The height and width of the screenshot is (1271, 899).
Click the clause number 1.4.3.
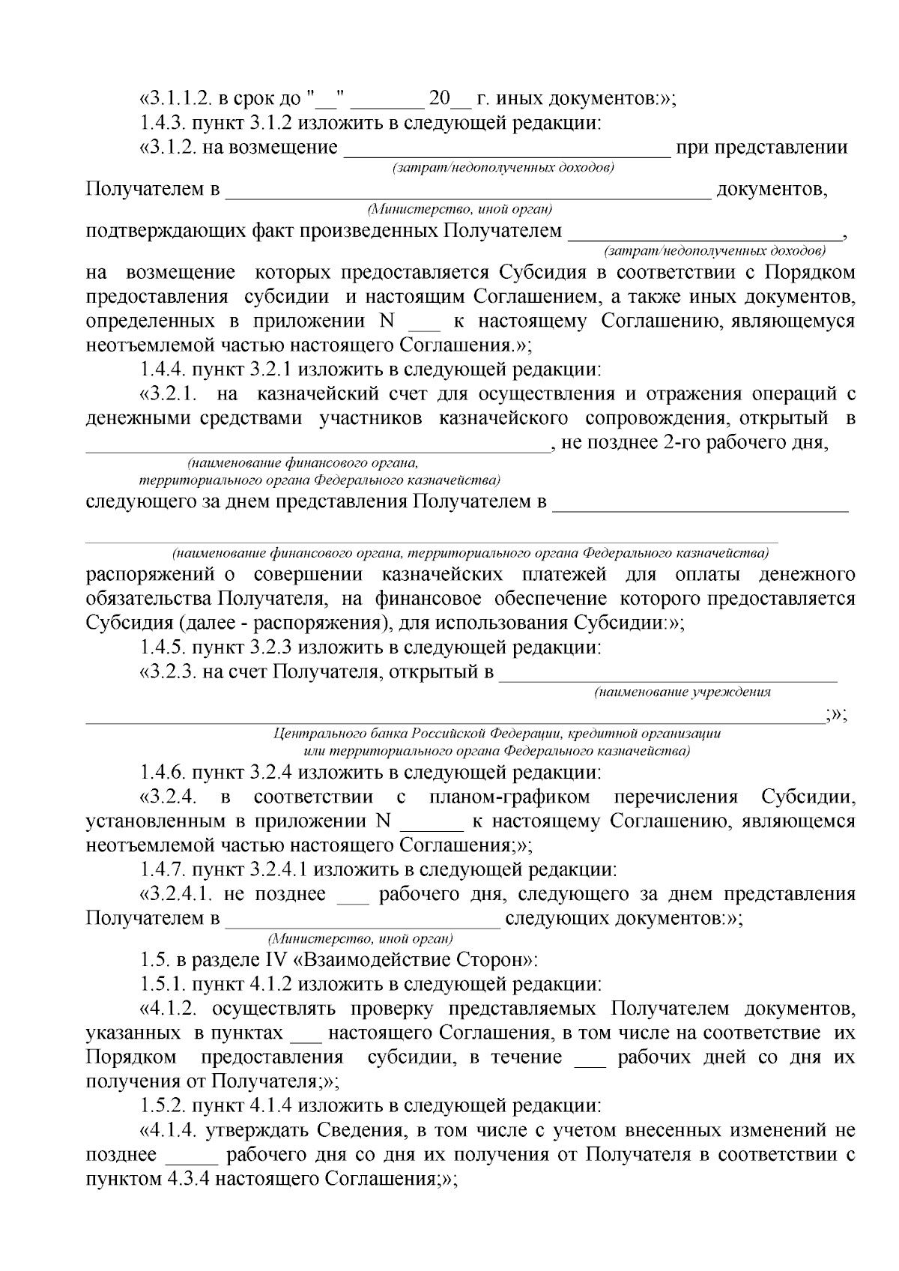[164, 123]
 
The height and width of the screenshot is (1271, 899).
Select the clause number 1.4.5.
[164, 647]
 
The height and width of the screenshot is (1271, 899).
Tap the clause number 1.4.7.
[164, 870]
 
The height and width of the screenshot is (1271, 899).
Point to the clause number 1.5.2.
[164, 1105]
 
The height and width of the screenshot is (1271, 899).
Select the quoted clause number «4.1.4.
[169, 1129]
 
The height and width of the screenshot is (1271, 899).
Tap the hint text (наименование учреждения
[682, 692]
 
